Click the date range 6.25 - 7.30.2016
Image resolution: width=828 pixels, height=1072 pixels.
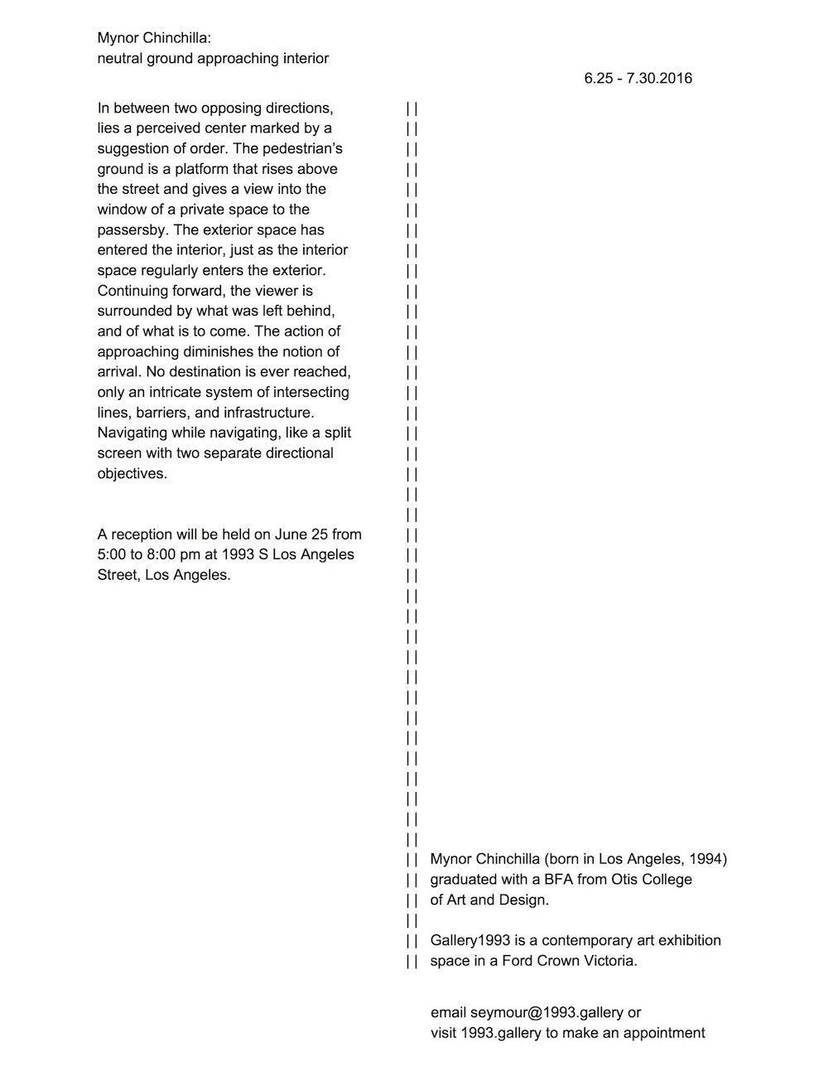coord(638,79)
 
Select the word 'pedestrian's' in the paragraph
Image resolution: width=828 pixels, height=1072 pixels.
coord(299,148)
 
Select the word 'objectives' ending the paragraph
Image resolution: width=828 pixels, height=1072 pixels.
coord(131,474)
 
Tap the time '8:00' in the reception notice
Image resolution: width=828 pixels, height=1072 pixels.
coord(161,555)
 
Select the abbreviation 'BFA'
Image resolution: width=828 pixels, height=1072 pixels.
coord(559,880)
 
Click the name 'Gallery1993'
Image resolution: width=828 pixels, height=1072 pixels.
coord(469,941)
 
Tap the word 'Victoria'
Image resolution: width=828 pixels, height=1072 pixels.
coord(609,962)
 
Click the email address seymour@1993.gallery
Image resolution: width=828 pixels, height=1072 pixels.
coord(546,1013)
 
